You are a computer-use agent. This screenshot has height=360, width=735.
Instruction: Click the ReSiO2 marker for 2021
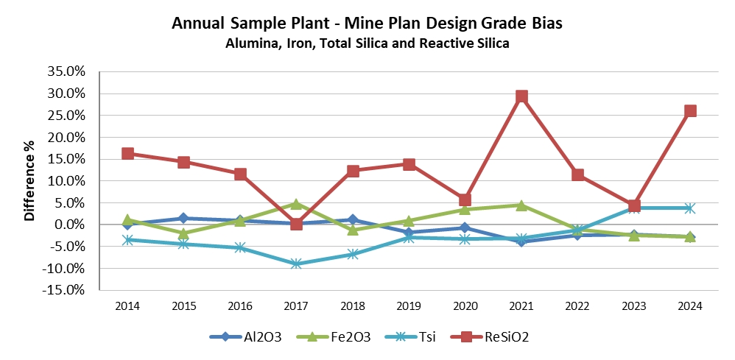point(521,96)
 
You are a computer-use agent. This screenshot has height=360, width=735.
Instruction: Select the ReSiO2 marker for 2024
point(690,111)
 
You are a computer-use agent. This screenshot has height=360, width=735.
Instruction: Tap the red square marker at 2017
point(296,224)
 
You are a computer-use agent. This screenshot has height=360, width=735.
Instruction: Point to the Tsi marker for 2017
point(296,264)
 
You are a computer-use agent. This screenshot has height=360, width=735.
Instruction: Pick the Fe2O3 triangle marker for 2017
point(296,204)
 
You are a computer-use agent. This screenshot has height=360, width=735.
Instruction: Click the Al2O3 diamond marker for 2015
point(183,218)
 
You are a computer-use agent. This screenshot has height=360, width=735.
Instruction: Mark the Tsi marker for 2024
point(690,208)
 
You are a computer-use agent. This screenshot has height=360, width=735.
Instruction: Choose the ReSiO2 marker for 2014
point(127,153)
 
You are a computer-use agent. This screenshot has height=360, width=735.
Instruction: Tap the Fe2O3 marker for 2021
point(521,205)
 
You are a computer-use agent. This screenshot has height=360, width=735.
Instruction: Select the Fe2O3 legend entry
point(340,337)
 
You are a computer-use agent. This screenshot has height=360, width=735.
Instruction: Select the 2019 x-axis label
point(409,305)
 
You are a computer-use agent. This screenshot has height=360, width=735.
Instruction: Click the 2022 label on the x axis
point(577,305)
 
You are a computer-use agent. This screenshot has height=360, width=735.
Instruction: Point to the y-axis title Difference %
point(30,180)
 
